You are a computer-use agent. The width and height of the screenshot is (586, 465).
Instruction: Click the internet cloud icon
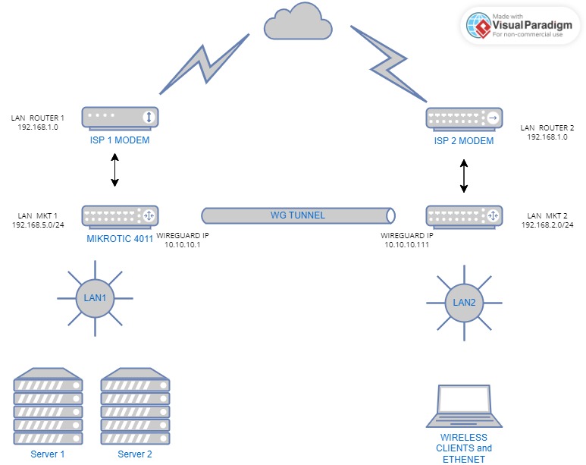click(x=298, y=22)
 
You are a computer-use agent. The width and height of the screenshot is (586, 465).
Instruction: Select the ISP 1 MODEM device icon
click(x=120, y=118)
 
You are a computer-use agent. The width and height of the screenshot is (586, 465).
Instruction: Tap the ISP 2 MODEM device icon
click(x=464, y=119)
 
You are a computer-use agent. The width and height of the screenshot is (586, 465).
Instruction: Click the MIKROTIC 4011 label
click(x=120, y=239)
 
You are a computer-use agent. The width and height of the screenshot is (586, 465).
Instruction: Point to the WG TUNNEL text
click(x=298, y=215)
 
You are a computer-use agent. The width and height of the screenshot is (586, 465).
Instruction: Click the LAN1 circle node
click(x=95, y=298)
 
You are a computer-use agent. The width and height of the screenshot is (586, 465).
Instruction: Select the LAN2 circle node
click(x=464, y=303)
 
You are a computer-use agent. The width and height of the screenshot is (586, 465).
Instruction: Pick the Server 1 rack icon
click(x=48, y=407)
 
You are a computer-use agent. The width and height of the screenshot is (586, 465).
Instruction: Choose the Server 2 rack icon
click(x=135, y=407)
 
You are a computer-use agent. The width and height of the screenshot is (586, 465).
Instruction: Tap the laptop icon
click(x=464, y=406)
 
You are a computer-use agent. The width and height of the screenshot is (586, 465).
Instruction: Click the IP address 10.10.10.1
click(x=183, y=245)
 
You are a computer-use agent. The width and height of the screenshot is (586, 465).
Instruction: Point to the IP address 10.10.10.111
click(x=406, y=245)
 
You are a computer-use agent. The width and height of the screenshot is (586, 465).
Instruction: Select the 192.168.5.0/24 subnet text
click(x=38, y=225)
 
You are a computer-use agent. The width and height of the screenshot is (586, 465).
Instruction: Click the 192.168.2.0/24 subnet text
click(x=547, y=225)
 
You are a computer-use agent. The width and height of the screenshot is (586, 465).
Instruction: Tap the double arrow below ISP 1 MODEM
click(x=114, y=170)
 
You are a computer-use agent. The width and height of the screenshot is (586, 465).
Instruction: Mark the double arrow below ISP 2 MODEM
click(x=464, y=176)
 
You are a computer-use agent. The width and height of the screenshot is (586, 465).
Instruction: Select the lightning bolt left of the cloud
click(x=205, y=64)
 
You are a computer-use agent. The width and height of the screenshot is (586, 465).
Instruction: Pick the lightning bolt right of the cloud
click(x=389, y=64)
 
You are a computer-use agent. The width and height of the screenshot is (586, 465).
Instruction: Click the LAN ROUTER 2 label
click(x=547, y=128)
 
